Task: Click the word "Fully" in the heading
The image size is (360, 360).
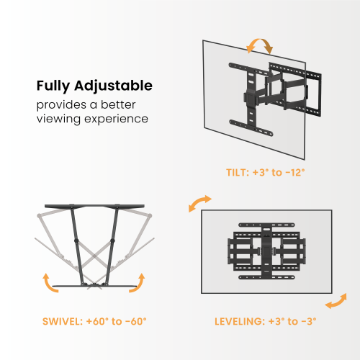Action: point(55,86)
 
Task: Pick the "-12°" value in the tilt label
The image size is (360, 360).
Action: point(294,173)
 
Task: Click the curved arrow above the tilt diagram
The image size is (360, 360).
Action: point(260,47)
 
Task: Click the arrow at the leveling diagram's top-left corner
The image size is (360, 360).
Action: point(200,202)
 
